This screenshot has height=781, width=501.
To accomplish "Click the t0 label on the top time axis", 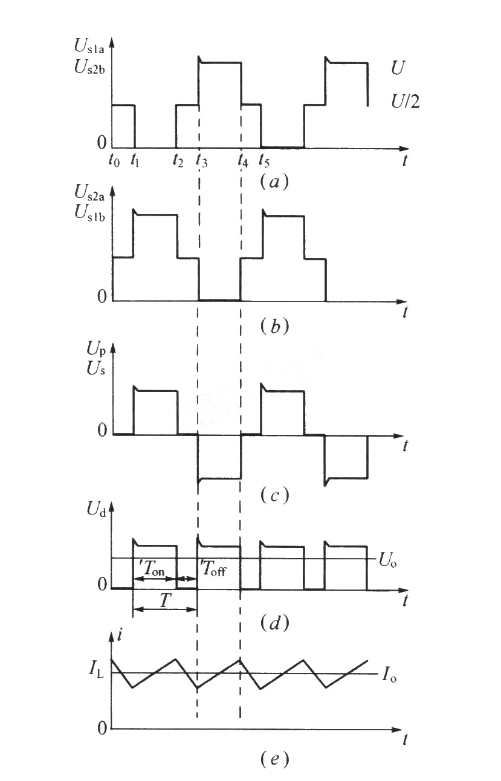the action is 114,160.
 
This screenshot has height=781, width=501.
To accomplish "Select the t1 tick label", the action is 135,160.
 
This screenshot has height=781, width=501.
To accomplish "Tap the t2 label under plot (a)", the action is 178,160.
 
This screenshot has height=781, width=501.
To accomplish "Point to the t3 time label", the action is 202,160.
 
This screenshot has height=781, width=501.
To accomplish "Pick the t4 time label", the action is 243,160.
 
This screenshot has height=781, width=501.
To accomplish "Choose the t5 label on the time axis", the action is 263,160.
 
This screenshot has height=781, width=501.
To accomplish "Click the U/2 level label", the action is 405,101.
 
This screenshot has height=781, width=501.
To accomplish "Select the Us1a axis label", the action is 89,46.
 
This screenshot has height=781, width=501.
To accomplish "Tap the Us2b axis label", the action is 89,66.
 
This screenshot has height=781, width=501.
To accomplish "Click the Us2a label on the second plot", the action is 89,193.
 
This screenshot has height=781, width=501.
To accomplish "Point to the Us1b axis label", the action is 89,213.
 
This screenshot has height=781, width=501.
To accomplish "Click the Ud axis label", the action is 96,510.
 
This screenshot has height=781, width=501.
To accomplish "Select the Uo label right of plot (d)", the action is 387,561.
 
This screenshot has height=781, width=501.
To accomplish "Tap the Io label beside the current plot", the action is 389,675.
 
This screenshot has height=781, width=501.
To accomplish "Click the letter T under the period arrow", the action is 164,600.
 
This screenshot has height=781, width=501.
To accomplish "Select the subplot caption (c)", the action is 274,495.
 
